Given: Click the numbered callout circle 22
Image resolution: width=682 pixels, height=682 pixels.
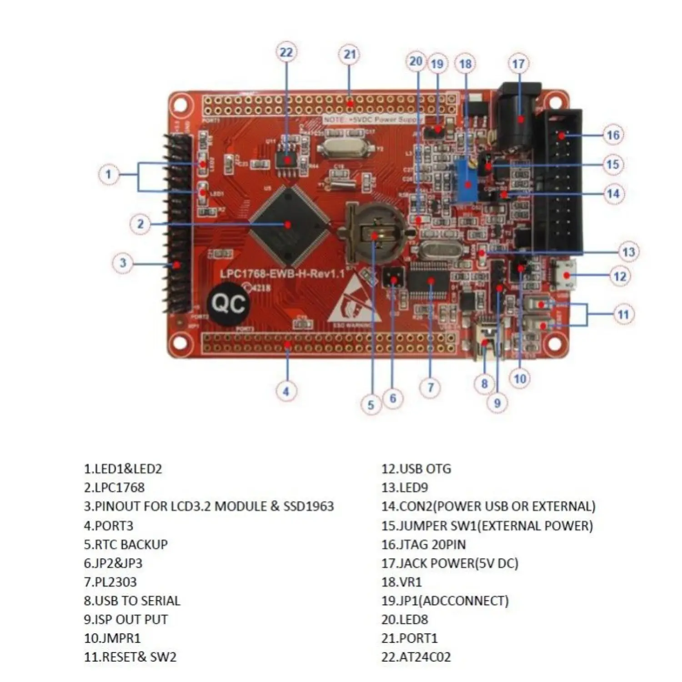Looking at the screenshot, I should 286,52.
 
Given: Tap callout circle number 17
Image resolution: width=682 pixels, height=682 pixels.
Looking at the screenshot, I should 518,64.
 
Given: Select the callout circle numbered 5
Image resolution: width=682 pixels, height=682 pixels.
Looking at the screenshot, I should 371,405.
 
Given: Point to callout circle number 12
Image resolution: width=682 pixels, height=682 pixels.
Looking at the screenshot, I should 620,276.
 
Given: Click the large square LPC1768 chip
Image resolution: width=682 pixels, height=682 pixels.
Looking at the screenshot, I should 289,225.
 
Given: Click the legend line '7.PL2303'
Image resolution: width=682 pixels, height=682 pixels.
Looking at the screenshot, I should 110,582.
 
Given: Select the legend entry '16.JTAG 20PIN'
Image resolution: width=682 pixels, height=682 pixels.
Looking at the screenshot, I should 423,544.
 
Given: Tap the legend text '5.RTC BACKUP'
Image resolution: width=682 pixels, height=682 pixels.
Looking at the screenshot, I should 125,544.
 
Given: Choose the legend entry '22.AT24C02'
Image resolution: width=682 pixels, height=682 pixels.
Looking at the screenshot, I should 416,657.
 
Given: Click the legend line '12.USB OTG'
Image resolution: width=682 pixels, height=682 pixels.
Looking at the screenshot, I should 416,469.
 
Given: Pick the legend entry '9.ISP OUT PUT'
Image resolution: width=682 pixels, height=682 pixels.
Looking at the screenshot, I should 125,619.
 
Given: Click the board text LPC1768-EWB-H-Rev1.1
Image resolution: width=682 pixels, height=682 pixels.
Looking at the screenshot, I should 282,274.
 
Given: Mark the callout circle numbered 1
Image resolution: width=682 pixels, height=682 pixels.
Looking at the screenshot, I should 108,174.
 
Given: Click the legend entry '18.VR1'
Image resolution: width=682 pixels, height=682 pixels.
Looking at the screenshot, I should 401,582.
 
